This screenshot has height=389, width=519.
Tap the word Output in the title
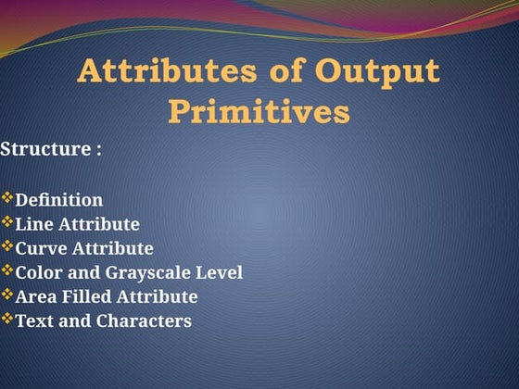pos(378,72)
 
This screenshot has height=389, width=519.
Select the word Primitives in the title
pos(259,112)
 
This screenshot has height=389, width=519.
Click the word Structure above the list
pos(44,149)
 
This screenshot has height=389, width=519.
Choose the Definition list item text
pos(59,199)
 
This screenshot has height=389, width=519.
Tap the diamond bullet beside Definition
pos(7,198)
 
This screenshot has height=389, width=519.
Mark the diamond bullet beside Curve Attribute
pos(7,247)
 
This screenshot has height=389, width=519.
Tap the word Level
pos(221,272)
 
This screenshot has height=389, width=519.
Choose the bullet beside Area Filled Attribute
pos(7,295)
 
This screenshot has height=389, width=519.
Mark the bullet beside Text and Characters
pos(7,320)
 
